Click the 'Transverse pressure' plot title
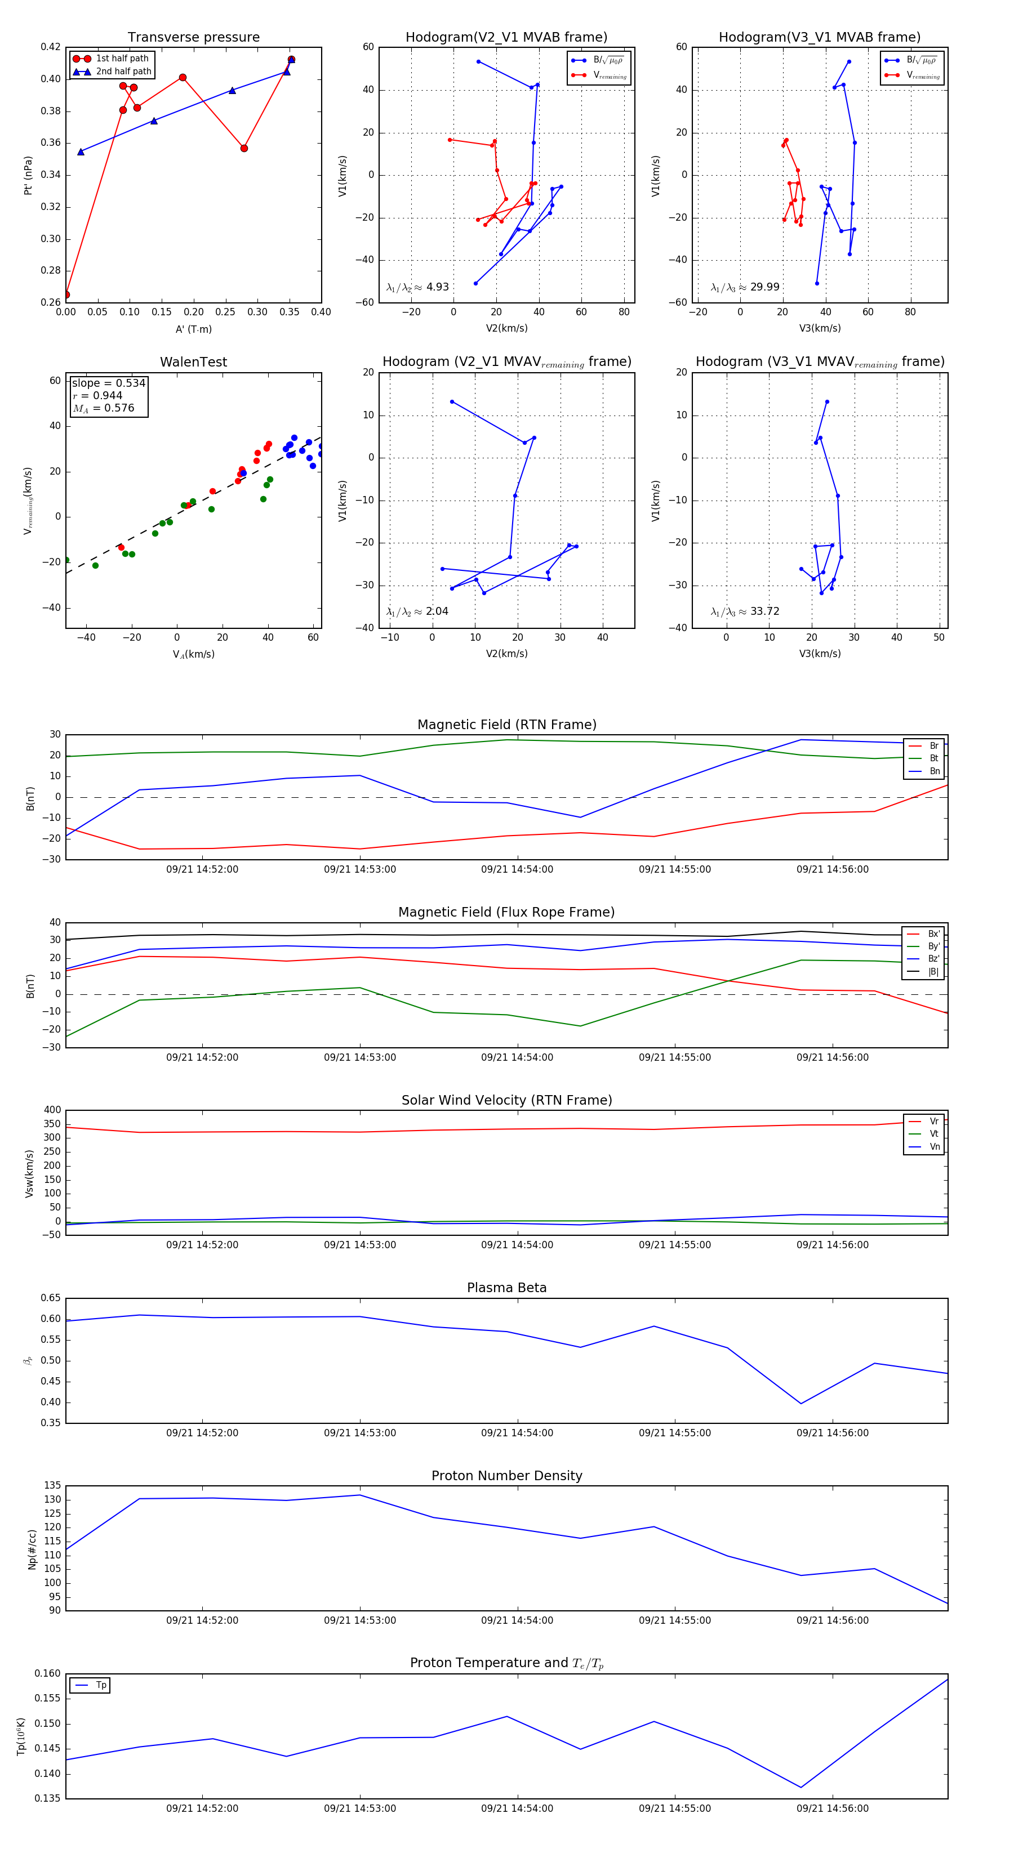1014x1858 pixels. pos(193,38)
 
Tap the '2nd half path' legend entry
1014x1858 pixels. pos(123,72)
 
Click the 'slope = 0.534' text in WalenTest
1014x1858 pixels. pos(108,383)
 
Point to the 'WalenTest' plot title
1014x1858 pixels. pos(193,362)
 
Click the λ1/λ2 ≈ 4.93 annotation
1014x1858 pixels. pos(417,287)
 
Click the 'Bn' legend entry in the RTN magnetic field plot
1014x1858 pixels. pos(934,771)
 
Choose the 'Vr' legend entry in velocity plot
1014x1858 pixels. pos(934,1122)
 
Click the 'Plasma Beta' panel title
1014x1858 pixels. pos(506,1288)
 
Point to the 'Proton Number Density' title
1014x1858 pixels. pos(506,1476)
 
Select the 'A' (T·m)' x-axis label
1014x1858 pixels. pos(193,329)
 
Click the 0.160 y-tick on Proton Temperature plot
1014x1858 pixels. pos(48,1673)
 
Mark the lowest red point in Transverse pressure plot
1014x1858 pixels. pos(66,294)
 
